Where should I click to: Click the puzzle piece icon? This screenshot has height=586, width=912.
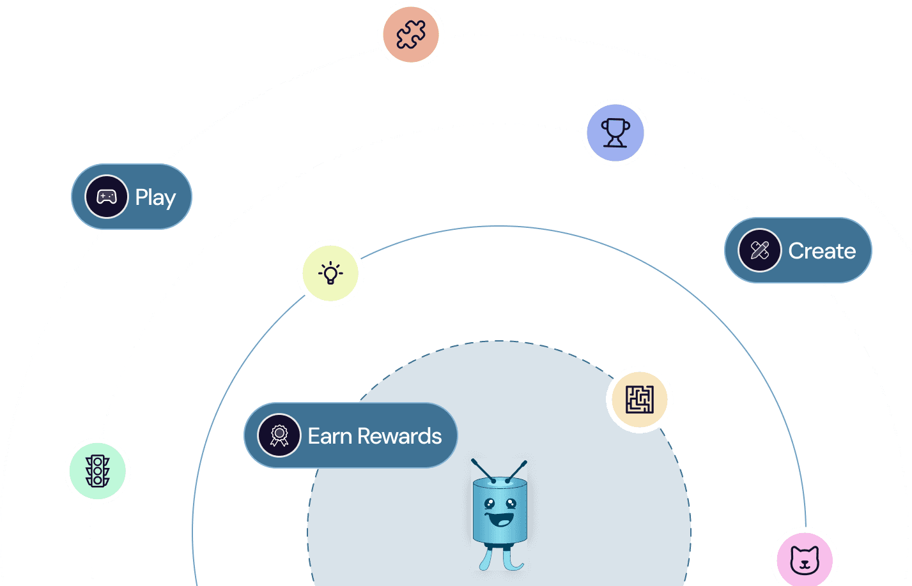tap(411, 34)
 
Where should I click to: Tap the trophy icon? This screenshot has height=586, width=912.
tap(615, 133)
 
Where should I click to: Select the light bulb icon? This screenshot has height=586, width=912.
tap(330, 273)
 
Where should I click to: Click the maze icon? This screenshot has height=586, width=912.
tap(639, 400)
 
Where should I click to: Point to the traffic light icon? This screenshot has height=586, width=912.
tap(98, 471)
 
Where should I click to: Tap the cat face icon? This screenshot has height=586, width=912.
tap(805, 560)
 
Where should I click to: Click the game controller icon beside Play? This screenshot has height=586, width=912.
tap(107, 197)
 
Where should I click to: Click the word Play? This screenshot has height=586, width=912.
tap(155, 197)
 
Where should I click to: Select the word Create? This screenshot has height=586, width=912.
tap(822, 251)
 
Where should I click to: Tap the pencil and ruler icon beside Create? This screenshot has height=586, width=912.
tap(759, 250)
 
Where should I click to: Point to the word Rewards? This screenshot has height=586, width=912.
tap(399, 436)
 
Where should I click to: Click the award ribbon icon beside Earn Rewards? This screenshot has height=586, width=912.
tap(279, 435)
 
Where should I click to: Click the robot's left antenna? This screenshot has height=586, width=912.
tap(482, 470)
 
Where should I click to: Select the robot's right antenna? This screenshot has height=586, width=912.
tap(517, 470)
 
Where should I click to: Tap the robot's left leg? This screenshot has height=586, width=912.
tap(487, 559)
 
